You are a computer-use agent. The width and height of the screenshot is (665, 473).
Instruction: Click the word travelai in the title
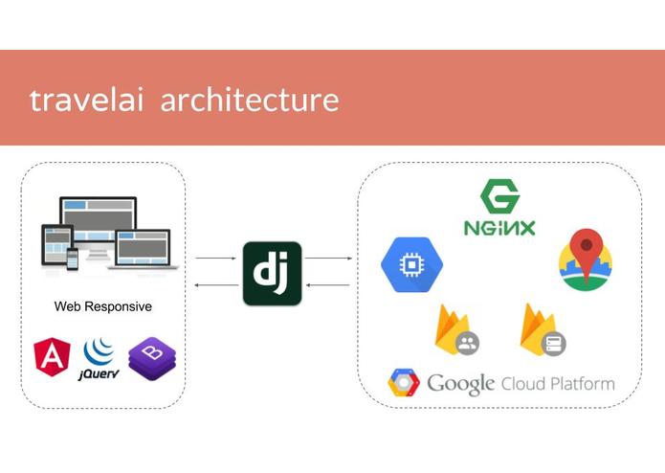click(x=86, y=101)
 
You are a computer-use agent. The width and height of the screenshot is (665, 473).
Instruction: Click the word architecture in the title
click(x=250, y=100)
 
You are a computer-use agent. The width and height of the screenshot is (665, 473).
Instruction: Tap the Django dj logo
click(x=273, y=273)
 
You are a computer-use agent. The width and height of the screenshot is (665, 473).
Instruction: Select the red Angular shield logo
click(x=52, y=357)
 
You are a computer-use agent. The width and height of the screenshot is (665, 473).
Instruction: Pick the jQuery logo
click(x=99, y=359)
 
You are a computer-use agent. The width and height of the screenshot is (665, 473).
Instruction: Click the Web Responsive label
click(x=103, y=306)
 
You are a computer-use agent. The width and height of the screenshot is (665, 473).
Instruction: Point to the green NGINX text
click(x=499, y=228)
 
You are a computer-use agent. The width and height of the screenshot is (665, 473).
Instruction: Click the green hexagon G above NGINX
click(x=500, y=196)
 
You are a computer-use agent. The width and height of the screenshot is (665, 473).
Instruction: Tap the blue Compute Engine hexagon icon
click(x=411, y=264)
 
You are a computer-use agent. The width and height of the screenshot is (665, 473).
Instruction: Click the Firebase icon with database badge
click(x=543, y=329)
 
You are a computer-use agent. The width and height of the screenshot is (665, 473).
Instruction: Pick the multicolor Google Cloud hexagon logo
click(x=404, y=382)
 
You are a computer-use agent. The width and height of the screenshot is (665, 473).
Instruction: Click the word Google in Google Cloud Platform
click(x=460, y=384)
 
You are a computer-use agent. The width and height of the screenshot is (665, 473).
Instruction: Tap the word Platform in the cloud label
click(x=583, y=384)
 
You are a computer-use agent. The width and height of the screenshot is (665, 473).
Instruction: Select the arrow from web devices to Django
click(x=215, y=258)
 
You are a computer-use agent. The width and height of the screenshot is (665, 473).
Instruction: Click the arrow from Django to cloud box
click(x=328, y=258)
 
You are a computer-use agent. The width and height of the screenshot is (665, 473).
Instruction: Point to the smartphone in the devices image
click(x=73, y=259)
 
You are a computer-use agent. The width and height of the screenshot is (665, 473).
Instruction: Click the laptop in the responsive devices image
click(x=143, y=250)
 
